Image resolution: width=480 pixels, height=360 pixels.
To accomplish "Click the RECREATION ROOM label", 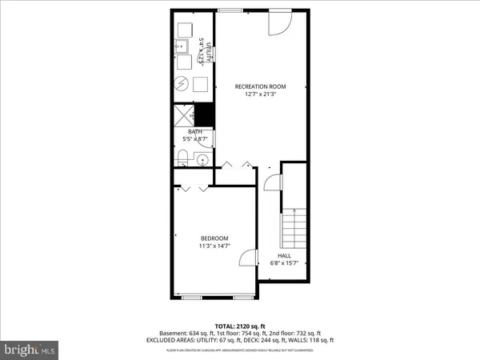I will pyautogui.click(x=260, y=86).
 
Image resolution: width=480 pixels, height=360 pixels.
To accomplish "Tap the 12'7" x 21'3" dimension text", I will pyautogui.click(x=260, y=94).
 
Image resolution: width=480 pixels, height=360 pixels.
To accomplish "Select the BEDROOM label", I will pyautogui.click(x=214, y=238).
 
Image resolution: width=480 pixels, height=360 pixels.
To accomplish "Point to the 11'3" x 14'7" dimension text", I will pyautogui.click(x=214, y=246).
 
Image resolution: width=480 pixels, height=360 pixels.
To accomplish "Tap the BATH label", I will pyautogui.click(x=195, y=132).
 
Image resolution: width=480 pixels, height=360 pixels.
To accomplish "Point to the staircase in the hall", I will pyautogui.click(x=294, y=227).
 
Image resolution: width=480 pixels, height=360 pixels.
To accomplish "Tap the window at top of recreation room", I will pyautogui.click(x=233, y=10).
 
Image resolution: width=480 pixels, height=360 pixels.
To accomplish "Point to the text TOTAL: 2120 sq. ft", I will pyautogui.click(x=240, y=326).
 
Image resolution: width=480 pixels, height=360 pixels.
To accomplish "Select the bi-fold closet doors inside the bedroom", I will pyautogui.click(x=194, y=188).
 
